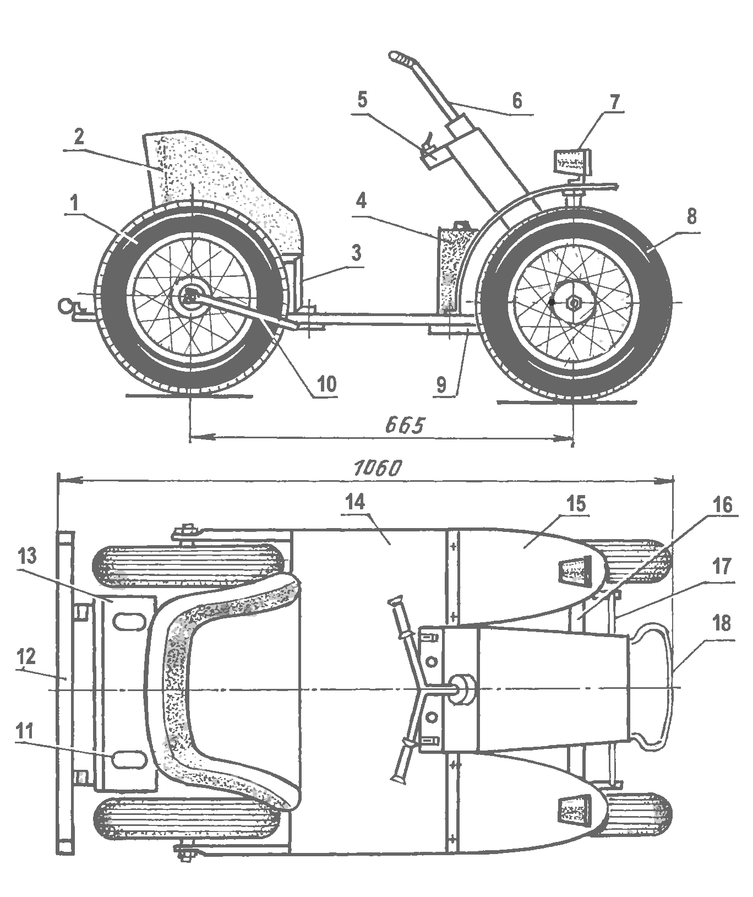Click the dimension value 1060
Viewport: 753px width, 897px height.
pos(378,467)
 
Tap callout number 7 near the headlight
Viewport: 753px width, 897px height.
pos(614,102)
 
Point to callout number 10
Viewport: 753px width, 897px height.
pos(326,384)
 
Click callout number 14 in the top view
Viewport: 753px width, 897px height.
pos(357,502)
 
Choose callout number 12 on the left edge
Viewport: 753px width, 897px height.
pos(27,656)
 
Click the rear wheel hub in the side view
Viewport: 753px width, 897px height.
pos(190,298)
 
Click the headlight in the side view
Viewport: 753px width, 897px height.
pos(570,161)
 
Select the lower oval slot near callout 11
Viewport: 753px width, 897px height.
pos(128,759)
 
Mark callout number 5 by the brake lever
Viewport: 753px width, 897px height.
pos(362,101)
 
